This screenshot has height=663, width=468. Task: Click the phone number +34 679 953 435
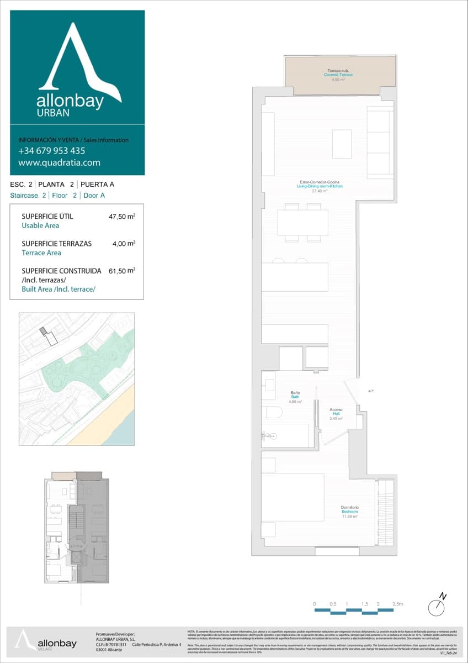(x=51, y=151)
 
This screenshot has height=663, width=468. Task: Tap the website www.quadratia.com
(x=59, y=162)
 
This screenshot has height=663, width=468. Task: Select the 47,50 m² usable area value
(x=122, y=217)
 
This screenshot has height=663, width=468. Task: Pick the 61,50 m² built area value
(x=122, y=271)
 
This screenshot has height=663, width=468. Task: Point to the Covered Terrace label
(x=338, y=75)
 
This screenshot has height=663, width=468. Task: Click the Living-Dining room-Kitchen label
(x=320, y=186)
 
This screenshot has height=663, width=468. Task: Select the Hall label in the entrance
(x=336, y=414)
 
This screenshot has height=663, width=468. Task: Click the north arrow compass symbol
(x=437, y=606)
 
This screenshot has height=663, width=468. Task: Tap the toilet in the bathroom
(x=272, y=412)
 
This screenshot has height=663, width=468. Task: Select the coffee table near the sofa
(x=342, y=144)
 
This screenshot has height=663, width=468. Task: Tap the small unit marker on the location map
(x=44, y=330)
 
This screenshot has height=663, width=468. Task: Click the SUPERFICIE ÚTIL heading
(x=47, y=217)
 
